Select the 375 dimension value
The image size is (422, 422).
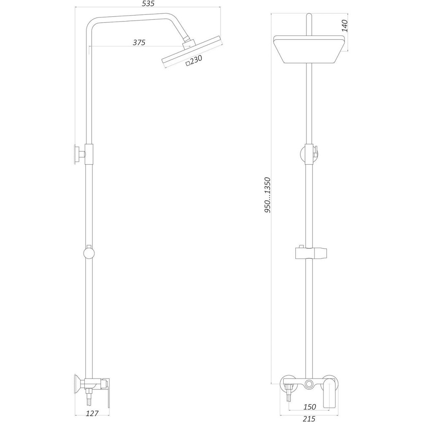[139, 42]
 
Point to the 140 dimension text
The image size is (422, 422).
[344, 26]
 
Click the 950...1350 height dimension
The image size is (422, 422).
[267, 195]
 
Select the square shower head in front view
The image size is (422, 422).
[310, 50]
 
